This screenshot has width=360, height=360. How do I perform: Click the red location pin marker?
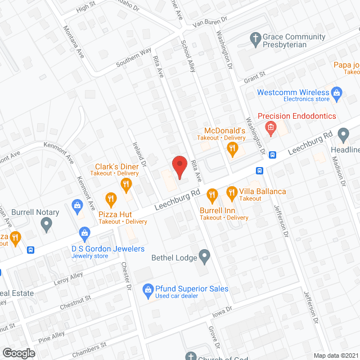click(x=179, y=166)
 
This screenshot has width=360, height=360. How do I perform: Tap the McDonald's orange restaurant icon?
click(x=232, y=149)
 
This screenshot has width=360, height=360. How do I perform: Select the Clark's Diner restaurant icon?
click(x=126, y=184)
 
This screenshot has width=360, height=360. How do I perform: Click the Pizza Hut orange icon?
click(x=110, y=198)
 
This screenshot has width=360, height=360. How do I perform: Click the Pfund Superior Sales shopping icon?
click(x=147, y=290)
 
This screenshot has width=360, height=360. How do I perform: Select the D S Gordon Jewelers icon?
click(x=84, y=232)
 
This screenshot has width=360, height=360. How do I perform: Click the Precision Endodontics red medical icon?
click(x=271, y=128)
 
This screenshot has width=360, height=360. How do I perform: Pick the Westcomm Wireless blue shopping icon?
click(x=337, y=92)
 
